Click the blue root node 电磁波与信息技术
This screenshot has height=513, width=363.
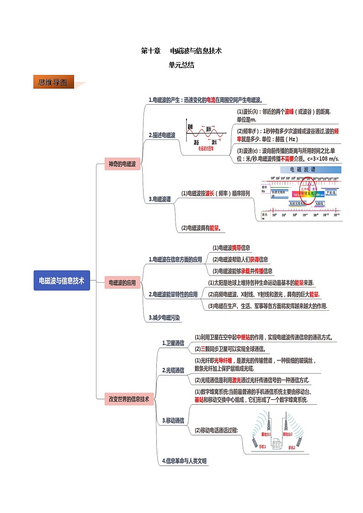click(x=62, y=280)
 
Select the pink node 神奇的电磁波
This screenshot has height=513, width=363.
click(x=122, y=164)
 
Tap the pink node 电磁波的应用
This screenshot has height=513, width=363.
click(x=122, y=283)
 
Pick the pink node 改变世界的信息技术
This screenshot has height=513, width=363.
click(x=129, y=399)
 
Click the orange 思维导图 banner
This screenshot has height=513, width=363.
click(x=53, y=83)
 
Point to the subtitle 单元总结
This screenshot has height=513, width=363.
click(x=181, y=65)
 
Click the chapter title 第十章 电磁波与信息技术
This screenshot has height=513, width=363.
click(x=181, y=51)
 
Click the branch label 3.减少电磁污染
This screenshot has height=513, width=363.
click(x=165, y=317)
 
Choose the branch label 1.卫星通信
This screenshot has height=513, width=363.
click(x=173, y=343)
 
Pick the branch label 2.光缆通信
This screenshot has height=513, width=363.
click(x=173, y=370)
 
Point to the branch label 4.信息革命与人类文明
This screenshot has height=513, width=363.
click(x=184, y=461)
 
